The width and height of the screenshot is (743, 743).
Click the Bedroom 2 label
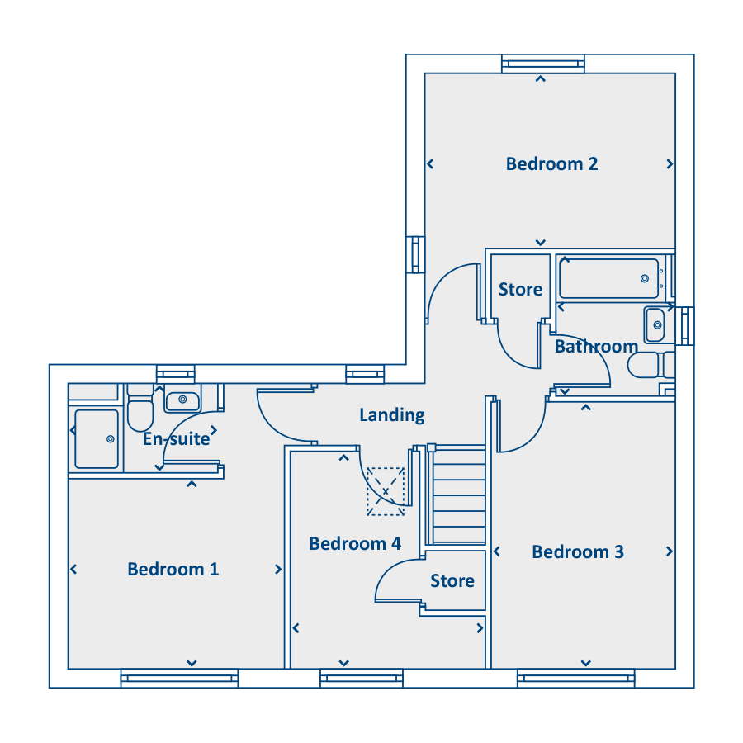551,164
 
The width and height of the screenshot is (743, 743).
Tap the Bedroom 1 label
173,569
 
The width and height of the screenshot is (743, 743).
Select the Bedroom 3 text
578,551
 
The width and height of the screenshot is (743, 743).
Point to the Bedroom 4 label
355,543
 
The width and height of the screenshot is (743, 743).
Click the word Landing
392,415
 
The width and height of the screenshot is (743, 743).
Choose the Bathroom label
596,347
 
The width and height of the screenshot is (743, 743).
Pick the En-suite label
177,439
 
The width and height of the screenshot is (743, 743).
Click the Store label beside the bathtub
520,289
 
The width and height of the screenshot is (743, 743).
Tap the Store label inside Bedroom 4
452,580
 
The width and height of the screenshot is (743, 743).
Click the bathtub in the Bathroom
609,279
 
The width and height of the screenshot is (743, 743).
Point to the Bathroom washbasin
655,324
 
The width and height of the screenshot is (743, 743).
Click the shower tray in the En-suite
97,439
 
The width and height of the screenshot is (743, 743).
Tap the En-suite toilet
140,408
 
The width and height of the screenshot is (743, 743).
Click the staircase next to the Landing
457,495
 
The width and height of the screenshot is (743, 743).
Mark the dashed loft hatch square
386,491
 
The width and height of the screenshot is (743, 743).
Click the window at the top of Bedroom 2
543,64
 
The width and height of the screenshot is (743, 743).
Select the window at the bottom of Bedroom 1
180,678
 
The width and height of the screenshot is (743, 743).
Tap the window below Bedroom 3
575,678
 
